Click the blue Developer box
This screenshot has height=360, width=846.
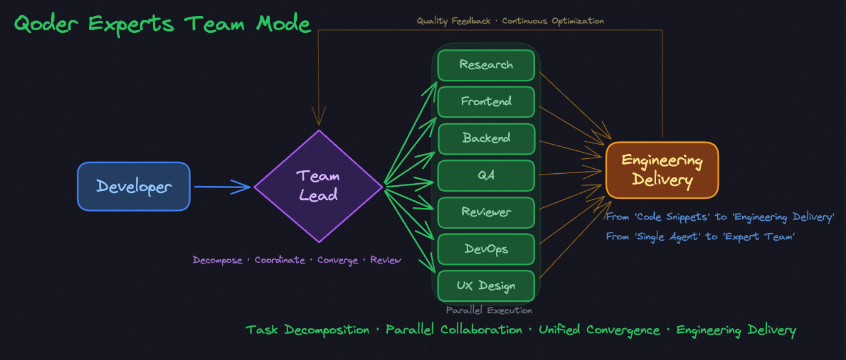coord(134,186)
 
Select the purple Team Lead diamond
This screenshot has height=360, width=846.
coord(318,186)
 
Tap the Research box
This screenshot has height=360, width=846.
coord(485,65)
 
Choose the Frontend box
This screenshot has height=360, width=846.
coord(485,101)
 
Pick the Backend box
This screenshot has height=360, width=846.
coord(485,139)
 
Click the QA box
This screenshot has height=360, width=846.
coord(485,176)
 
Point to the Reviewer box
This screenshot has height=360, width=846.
coord(485,212)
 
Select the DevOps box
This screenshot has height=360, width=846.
coord(485,249)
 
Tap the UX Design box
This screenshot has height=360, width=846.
coord(485,286)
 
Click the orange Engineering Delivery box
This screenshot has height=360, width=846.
coord(662,170)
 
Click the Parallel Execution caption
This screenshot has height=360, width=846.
coord(489,311)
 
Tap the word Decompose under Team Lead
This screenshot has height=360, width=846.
coord(218,260)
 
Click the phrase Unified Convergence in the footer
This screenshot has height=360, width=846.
coord(599,330)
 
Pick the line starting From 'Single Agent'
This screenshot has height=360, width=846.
coord(700,236)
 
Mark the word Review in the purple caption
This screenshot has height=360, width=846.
coord(385,260)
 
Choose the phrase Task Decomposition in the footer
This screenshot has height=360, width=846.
coord(307,330)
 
